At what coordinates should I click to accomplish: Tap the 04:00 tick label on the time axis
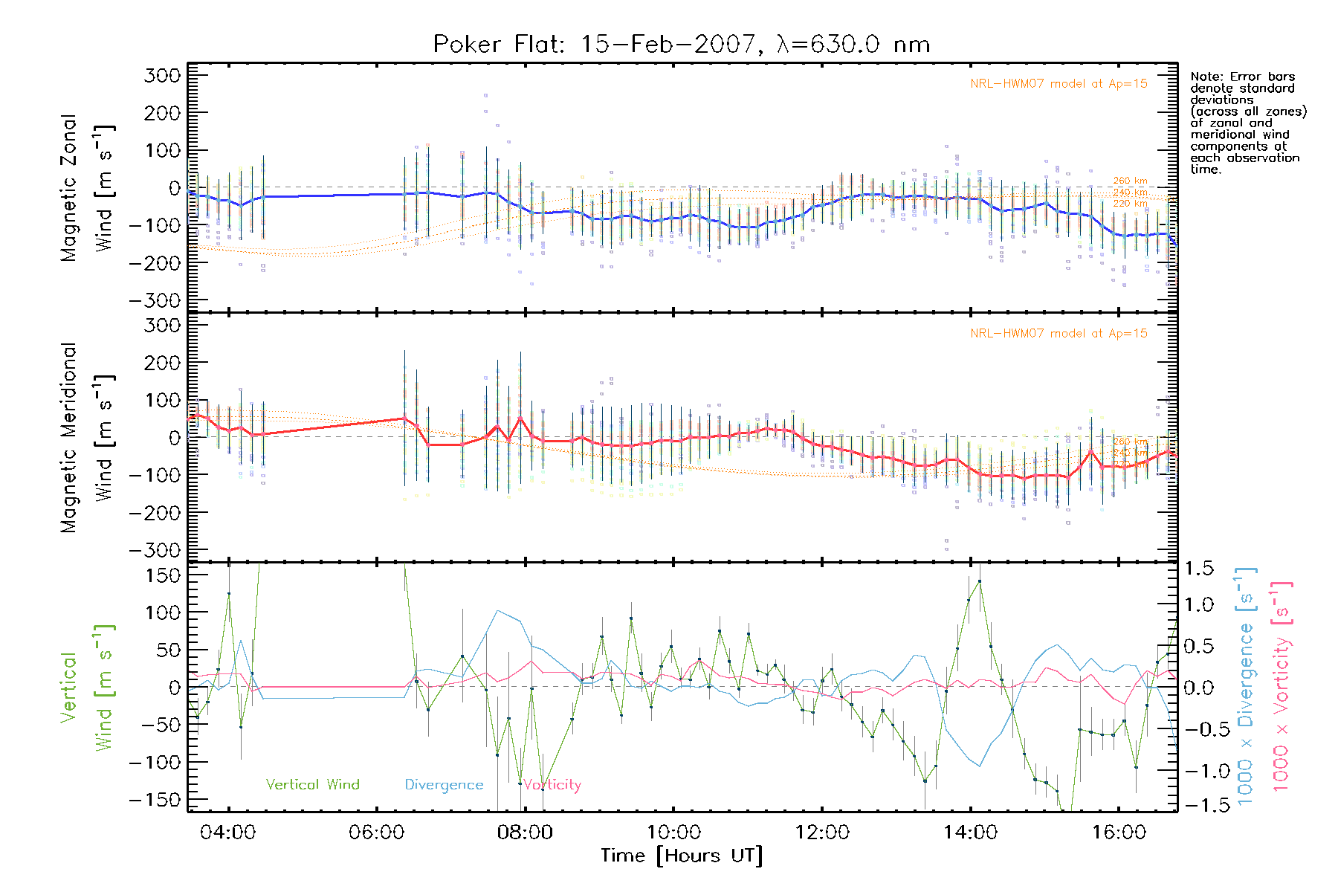[x=227, y=833]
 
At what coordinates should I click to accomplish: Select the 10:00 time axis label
[x=673, y=833]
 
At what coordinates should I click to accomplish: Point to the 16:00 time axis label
[x=1119, y=833]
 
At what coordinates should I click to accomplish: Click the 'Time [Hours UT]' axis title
[x=682, y=856]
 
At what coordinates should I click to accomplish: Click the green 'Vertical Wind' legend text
[x=312, y=784]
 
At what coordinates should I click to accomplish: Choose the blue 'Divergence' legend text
[x=444, y=784]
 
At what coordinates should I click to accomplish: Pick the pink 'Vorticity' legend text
[x=552, y=784]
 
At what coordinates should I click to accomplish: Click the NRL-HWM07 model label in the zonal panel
[x=1058, y=84]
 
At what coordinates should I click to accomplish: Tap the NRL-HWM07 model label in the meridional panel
[x=1058, y=334]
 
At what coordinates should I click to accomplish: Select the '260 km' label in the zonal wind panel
[x=1130, y=181]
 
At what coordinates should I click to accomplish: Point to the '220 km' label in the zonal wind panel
[x=1130, y=203]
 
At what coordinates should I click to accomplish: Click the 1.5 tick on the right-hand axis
[x=1198, y=569]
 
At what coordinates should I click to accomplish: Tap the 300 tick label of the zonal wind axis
[x=162, y=75]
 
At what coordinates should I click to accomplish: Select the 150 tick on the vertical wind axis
[x=164, y=575]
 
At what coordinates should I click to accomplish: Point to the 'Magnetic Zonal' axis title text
[x=69, y=187]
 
